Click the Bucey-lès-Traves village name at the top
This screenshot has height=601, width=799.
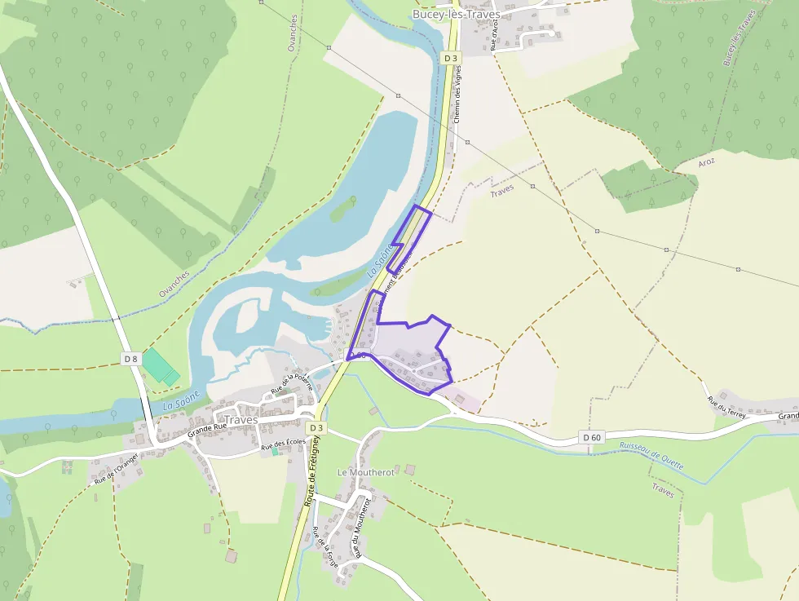[456, 14]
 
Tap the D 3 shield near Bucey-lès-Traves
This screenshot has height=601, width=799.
[451, 58]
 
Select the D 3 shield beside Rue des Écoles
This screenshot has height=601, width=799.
[316, 427]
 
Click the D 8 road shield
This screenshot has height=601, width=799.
[130, 358]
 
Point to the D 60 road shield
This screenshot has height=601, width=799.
[592, 438]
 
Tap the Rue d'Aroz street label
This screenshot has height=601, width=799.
[494, 34]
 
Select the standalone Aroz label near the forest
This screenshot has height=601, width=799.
[706, 162]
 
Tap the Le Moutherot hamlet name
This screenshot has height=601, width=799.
[366, 472]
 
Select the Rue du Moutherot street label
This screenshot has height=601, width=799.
[356, 528]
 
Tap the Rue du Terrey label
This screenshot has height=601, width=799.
[726, 404]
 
